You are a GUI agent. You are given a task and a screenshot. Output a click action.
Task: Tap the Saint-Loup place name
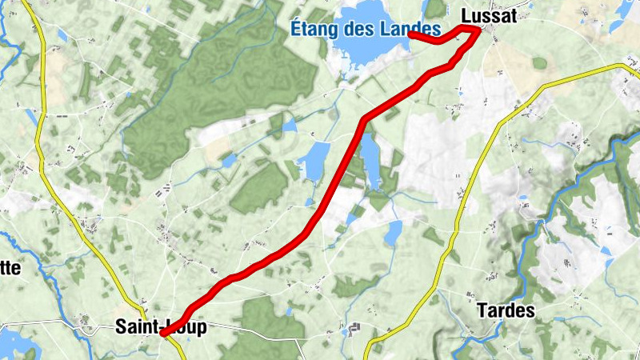click(x=161, y=327)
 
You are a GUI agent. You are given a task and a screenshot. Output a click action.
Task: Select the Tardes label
click(x=505, y=310)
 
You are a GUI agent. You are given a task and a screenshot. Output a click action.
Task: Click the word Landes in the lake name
click(x=416, y=30)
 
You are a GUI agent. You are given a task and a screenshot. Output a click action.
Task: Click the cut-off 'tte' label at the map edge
click(x=10, y=268)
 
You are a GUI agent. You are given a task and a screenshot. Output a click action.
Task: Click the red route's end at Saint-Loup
click(x=163, y=333)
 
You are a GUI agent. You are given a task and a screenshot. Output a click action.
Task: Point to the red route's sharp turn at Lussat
click(x=478, y=30)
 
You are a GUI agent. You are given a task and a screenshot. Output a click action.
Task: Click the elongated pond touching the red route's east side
click(x=370, y=160)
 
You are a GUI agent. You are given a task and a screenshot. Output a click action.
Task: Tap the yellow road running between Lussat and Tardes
click(x=480, y=160)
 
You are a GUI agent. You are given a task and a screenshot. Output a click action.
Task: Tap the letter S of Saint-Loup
click(x=121, y=327)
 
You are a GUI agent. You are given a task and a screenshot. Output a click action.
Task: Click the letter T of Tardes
click(x=481, y=310)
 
